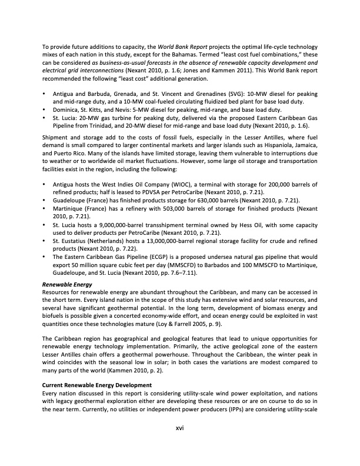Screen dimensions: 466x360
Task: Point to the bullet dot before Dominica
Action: [45, 110]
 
